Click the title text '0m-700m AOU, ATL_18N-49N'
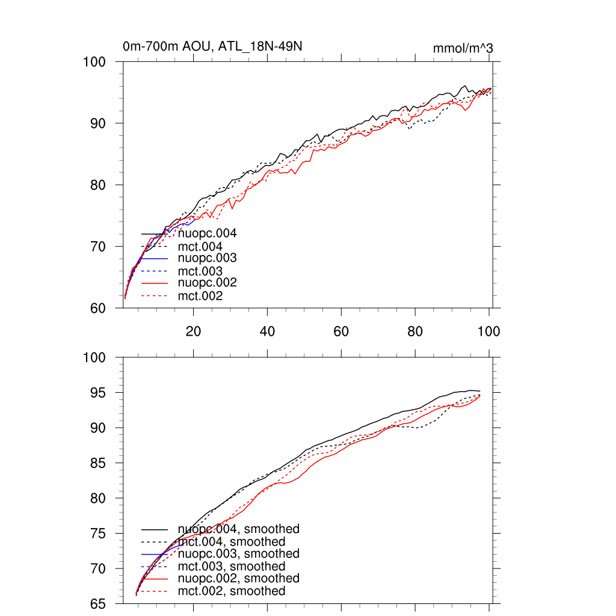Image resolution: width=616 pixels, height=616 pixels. tap(212, 46)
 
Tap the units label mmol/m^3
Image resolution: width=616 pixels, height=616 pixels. tap(463, 48)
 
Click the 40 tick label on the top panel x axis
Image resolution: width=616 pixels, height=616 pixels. tap(267, 331)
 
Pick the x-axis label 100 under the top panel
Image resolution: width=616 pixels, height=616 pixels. tap(488, 331)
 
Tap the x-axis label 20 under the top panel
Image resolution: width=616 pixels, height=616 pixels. tap(193, 331)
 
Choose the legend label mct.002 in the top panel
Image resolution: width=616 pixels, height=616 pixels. tap(200, 296)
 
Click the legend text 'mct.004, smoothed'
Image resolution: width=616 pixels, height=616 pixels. tap(232, 542)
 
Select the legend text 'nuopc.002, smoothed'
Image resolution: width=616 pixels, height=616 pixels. tap(238, 578)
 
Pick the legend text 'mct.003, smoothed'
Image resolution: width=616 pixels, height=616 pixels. tap(232, 567)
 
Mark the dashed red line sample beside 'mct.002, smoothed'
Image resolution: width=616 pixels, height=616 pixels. tap(154, 591)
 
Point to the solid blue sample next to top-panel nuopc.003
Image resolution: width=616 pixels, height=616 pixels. tap(154, 258)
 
